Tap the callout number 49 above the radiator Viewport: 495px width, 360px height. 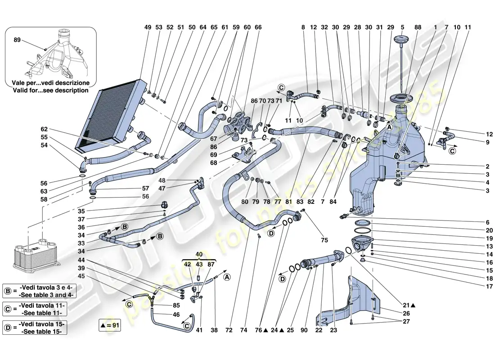pos(147,27)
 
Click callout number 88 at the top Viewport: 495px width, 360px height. pos(418,27)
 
